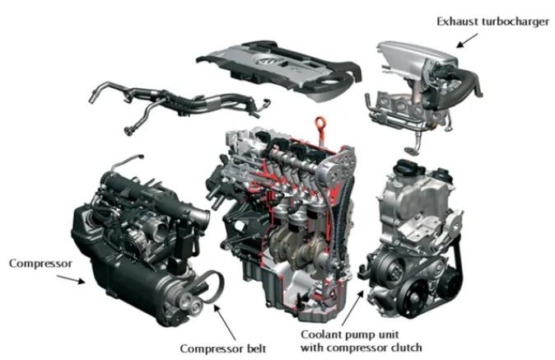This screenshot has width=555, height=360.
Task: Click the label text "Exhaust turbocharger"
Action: pos(492,21)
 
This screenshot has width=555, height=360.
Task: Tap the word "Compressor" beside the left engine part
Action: pos(40,264)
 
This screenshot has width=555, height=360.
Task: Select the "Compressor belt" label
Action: pos(223,348)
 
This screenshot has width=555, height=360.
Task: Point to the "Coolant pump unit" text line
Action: pos(350,334)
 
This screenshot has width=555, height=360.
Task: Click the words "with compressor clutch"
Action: pos(361,348)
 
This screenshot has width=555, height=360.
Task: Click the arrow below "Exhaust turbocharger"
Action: pos(467,40)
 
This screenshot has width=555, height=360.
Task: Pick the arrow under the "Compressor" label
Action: pos(71,279)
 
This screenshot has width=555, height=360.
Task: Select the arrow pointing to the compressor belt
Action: pos(225,322)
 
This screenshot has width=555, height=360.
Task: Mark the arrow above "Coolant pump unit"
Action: pos(352,307)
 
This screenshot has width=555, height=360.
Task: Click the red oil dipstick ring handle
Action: pos(320,124)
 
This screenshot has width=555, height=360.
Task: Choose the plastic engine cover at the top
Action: pos(280,69)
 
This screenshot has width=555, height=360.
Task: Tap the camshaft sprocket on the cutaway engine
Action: pos(333,174)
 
